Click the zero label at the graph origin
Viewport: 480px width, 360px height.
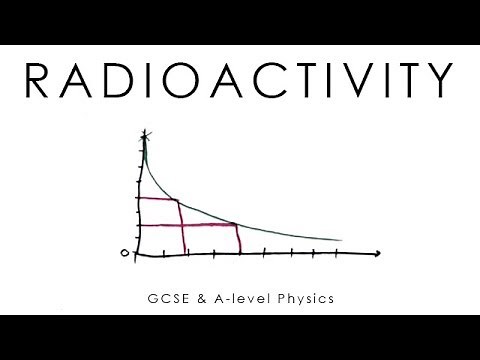click(125, 253)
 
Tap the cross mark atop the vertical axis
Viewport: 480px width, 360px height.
click(146, 133)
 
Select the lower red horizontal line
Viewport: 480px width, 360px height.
click(190, 225)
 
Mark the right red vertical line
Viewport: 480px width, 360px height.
click(239, 238)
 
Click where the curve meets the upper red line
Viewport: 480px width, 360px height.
click(179, 199)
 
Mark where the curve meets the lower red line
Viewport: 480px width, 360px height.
click(236, 224)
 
